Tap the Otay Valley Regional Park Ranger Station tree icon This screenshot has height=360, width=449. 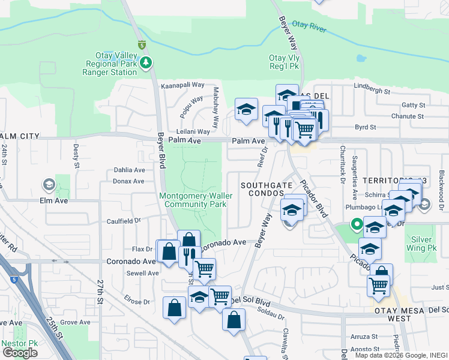click(145, 62)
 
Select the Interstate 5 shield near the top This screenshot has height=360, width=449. click(142, 45)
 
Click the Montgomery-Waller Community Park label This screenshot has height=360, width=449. click(193, 200)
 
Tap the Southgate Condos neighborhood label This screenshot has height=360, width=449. click(262, 190)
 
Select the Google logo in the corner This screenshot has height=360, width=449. click(20, 353)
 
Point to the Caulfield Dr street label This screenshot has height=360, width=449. click(124, 221)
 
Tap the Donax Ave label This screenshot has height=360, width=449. click(129, 181)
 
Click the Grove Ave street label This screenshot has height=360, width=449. click(75, 322)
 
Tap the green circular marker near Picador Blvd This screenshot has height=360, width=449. click(357, 226)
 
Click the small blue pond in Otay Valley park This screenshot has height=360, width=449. click(360, 59)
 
